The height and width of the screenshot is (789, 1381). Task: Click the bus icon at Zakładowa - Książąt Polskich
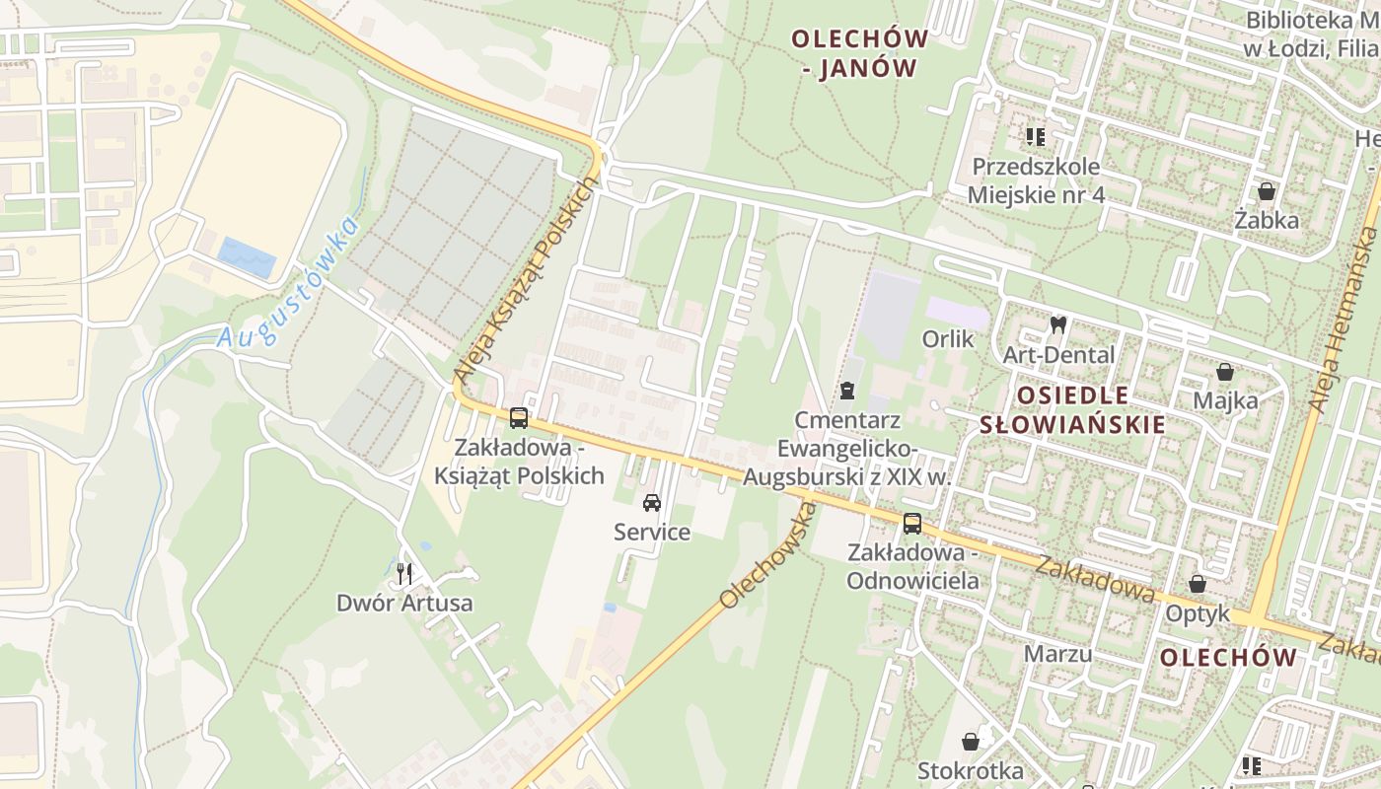coord(519,417)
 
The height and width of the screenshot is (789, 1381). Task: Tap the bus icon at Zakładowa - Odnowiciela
coord(912,523)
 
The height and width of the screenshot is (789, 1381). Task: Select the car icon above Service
coord(652,503)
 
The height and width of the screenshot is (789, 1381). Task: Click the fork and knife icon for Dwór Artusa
coord(403,573)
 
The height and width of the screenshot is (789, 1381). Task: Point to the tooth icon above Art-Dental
coord(1058,324)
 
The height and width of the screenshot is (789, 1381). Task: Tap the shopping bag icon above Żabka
coord(1267,191)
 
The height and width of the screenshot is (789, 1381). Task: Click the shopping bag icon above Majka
coord(1225,372)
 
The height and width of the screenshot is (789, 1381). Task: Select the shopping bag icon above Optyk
coord(1198,584)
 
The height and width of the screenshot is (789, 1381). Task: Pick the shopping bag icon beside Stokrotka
coord(971,741)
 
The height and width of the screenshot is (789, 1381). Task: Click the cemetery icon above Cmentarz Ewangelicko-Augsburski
coord(846,391)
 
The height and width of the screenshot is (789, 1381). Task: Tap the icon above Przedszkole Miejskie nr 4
coord(1035,136)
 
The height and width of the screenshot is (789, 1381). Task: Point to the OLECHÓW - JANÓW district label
coord(859,53)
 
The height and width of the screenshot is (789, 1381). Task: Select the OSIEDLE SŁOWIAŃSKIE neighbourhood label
coord(1086,410)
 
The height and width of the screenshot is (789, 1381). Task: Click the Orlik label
coord(948,339)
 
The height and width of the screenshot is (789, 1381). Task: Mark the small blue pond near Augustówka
coord(247,256)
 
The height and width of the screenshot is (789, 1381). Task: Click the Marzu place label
coord(1057,654)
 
